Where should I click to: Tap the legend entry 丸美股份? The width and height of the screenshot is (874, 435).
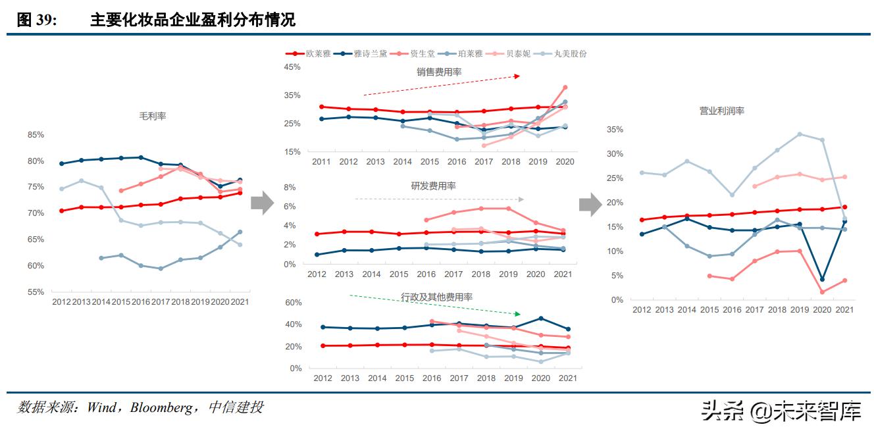pyautogui.click(x=570, y=53)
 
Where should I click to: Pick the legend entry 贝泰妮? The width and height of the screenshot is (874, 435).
pyautogui.click(x=518, y=53)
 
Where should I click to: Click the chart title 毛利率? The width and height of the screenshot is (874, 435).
pyautogui.click(x=152, y=116)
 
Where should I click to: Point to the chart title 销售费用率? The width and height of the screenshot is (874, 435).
pyautogui.click(x=439, y=72)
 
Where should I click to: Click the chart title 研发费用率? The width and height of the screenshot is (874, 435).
pyautogui.click(x=433, y=186)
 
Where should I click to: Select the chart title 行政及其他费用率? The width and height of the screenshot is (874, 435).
pyautogui.click(x=437, y=297)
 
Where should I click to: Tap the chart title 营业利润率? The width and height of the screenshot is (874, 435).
pyautogui.click(x=721, y=111)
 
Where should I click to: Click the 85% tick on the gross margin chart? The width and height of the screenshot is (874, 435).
pyautogui.click(x=36, y=135)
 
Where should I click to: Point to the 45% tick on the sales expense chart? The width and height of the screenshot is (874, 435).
pyautogui.click(x=292, y=67)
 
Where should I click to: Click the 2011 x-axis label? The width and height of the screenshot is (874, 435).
pyautogui.click(x=321, y=162)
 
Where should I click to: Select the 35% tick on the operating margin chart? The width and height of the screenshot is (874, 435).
pyautogui.click(x=614, y=130)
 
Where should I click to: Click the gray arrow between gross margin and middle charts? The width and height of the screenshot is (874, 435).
pyautogui.click(x=262, y=203)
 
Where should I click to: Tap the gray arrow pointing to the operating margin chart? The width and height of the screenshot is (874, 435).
pyautogui.click(x=590, y=203)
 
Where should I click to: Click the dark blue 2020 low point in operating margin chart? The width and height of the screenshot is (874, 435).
pyautogui.click(x=822, y=280)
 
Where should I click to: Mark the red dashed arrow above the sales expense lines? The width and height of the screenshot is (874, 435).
pyautogui.click(x=441, y=86)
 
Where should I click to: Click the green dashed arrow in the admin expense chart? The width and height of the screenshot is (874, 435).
pyautogui.click(x=434, y=305)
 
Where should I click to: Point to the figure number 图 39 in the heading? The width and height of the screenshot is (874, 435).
pyautogui.click(x=36, y=20)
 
